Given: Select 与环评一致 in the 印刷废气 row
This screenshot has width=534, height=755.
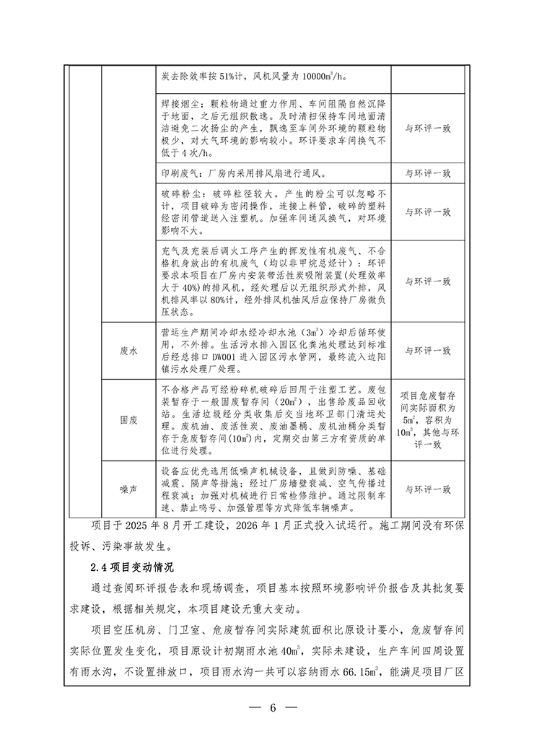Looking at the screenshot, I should [427, 173].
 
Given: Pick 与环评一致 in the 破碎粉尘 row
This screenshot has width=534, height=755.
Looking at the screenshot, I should [427, 212].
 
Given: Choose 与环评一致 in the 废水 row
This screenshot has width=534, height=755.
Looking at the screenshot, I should [427, 351].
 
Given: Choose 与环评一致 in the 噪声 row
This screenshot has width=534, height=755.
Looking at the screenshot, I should [427, 489].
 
